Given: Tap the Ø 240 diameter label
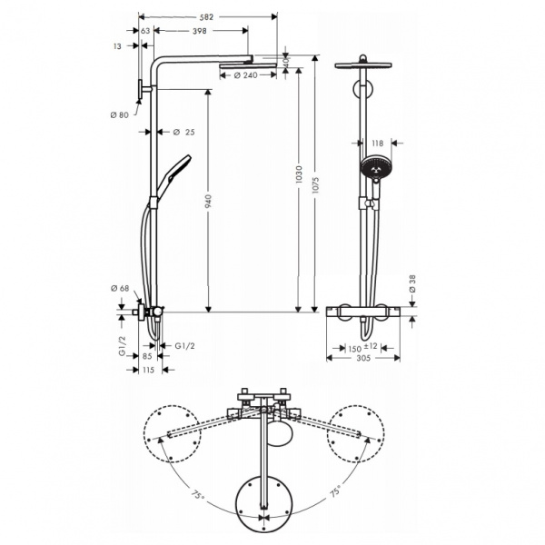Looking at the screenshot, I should pos(239,75).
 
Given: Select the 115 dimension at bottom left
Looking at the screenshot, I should pos(149,369).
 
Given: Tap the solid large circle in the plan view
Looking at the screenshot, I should pos(263,501).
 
